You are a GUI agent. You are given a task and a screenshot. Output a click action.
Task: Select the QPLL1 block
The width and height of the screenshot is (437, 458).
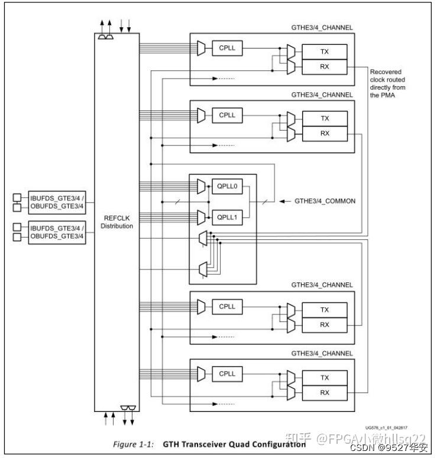(227, 216)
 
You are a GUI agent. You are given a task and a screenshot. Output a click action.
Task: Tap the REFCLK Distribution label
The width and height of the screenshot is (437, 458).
(116, 222)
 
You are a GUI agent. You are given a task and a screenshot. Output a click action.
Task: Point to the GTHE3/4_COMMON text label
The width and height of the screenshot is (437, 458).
(325, 201)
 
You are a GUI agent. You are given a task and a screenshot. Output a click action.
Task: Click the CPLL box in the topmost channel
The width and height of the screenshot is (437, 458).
(227, 47)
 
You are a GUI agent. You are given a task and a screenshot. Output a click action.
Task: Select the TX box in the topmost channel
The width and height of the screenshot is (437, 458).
(325, 51)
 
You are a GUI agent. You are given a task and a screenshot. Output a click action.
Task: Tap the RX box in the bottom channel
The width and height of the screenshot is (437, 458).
(325, 392)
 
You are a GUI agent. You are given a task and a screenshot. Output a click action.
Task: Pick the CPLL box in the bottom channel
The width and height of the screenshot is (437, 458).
(227, 373)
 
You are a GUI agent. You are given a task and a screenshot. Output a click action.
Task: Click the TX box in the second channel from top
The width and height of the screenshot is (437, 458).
(325, 119)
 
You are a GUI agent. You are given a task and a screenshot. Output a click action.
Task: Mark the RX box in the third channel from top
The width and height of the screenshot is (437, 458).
(325, 324)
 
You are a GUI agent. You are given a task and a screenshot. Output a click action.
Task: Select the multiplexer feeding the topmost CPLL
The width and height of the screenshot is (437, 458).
(201, 48)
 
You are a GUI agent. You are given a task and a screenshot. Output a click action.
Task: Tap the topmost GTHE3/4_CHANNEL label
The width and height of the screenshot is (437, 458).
(322, 27)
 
